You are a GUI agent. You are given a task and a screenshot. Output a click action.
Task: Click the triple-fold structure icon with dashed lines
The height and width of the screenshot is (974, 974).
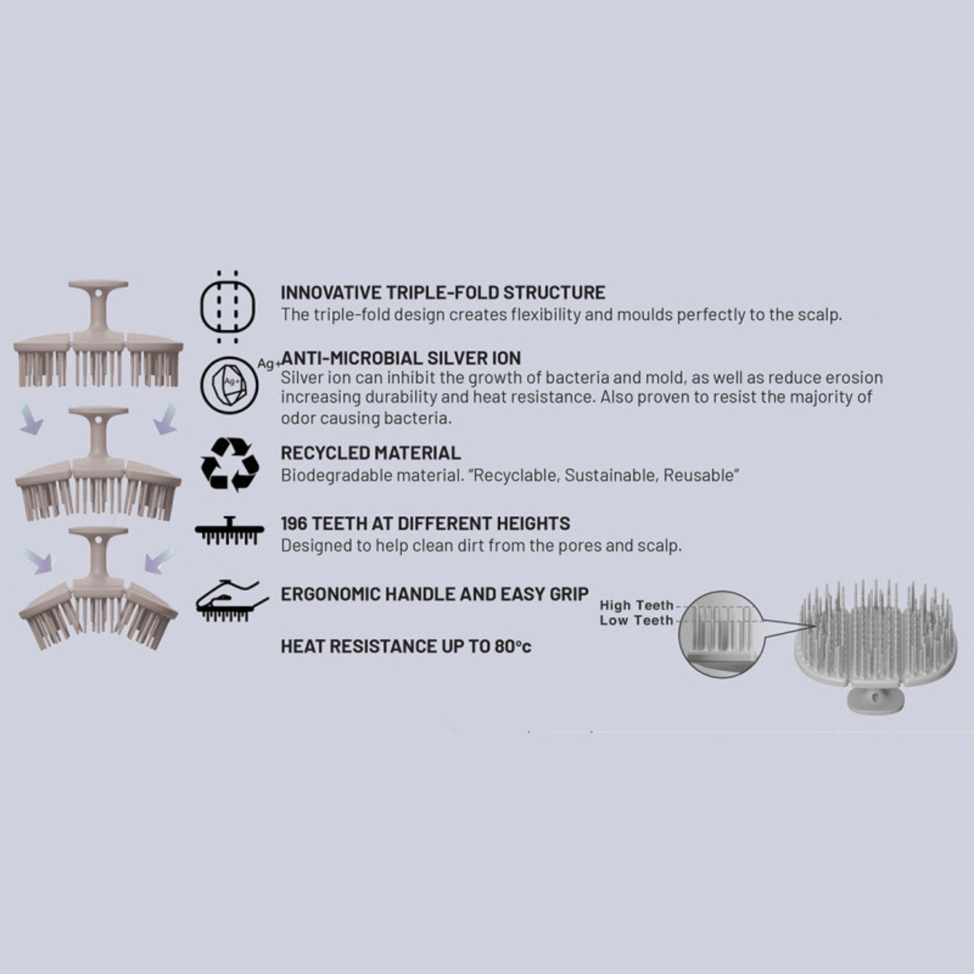228,307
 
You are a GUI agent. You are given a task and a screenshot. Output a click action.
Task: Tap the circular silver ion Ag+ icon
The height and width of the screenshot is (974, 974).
229,384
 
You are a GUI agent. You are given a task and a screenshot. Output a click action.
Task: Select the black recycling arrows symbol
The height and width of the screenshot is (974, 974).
230,465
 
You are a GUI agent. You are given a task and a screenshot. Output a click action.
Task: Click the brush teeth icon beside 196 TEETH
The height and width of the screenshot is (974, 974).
229,531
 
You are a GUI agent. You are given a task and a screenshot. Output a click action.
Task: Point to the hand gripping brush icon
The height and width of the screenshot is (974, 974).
231,601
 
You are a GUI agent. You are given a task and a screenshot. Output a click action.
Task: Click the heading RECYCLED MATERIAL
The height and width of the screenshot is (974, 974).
371,453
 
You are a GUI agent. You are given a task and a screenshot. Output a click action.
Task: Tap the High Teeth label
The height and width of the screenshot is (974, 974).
637,605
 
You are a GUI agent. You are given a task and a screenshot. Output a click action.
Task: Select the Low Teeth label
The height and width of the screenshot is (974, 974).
637,620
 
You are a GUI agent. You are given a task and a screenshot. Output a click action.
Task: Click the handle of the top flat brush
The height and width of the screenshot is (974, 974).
98,309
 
